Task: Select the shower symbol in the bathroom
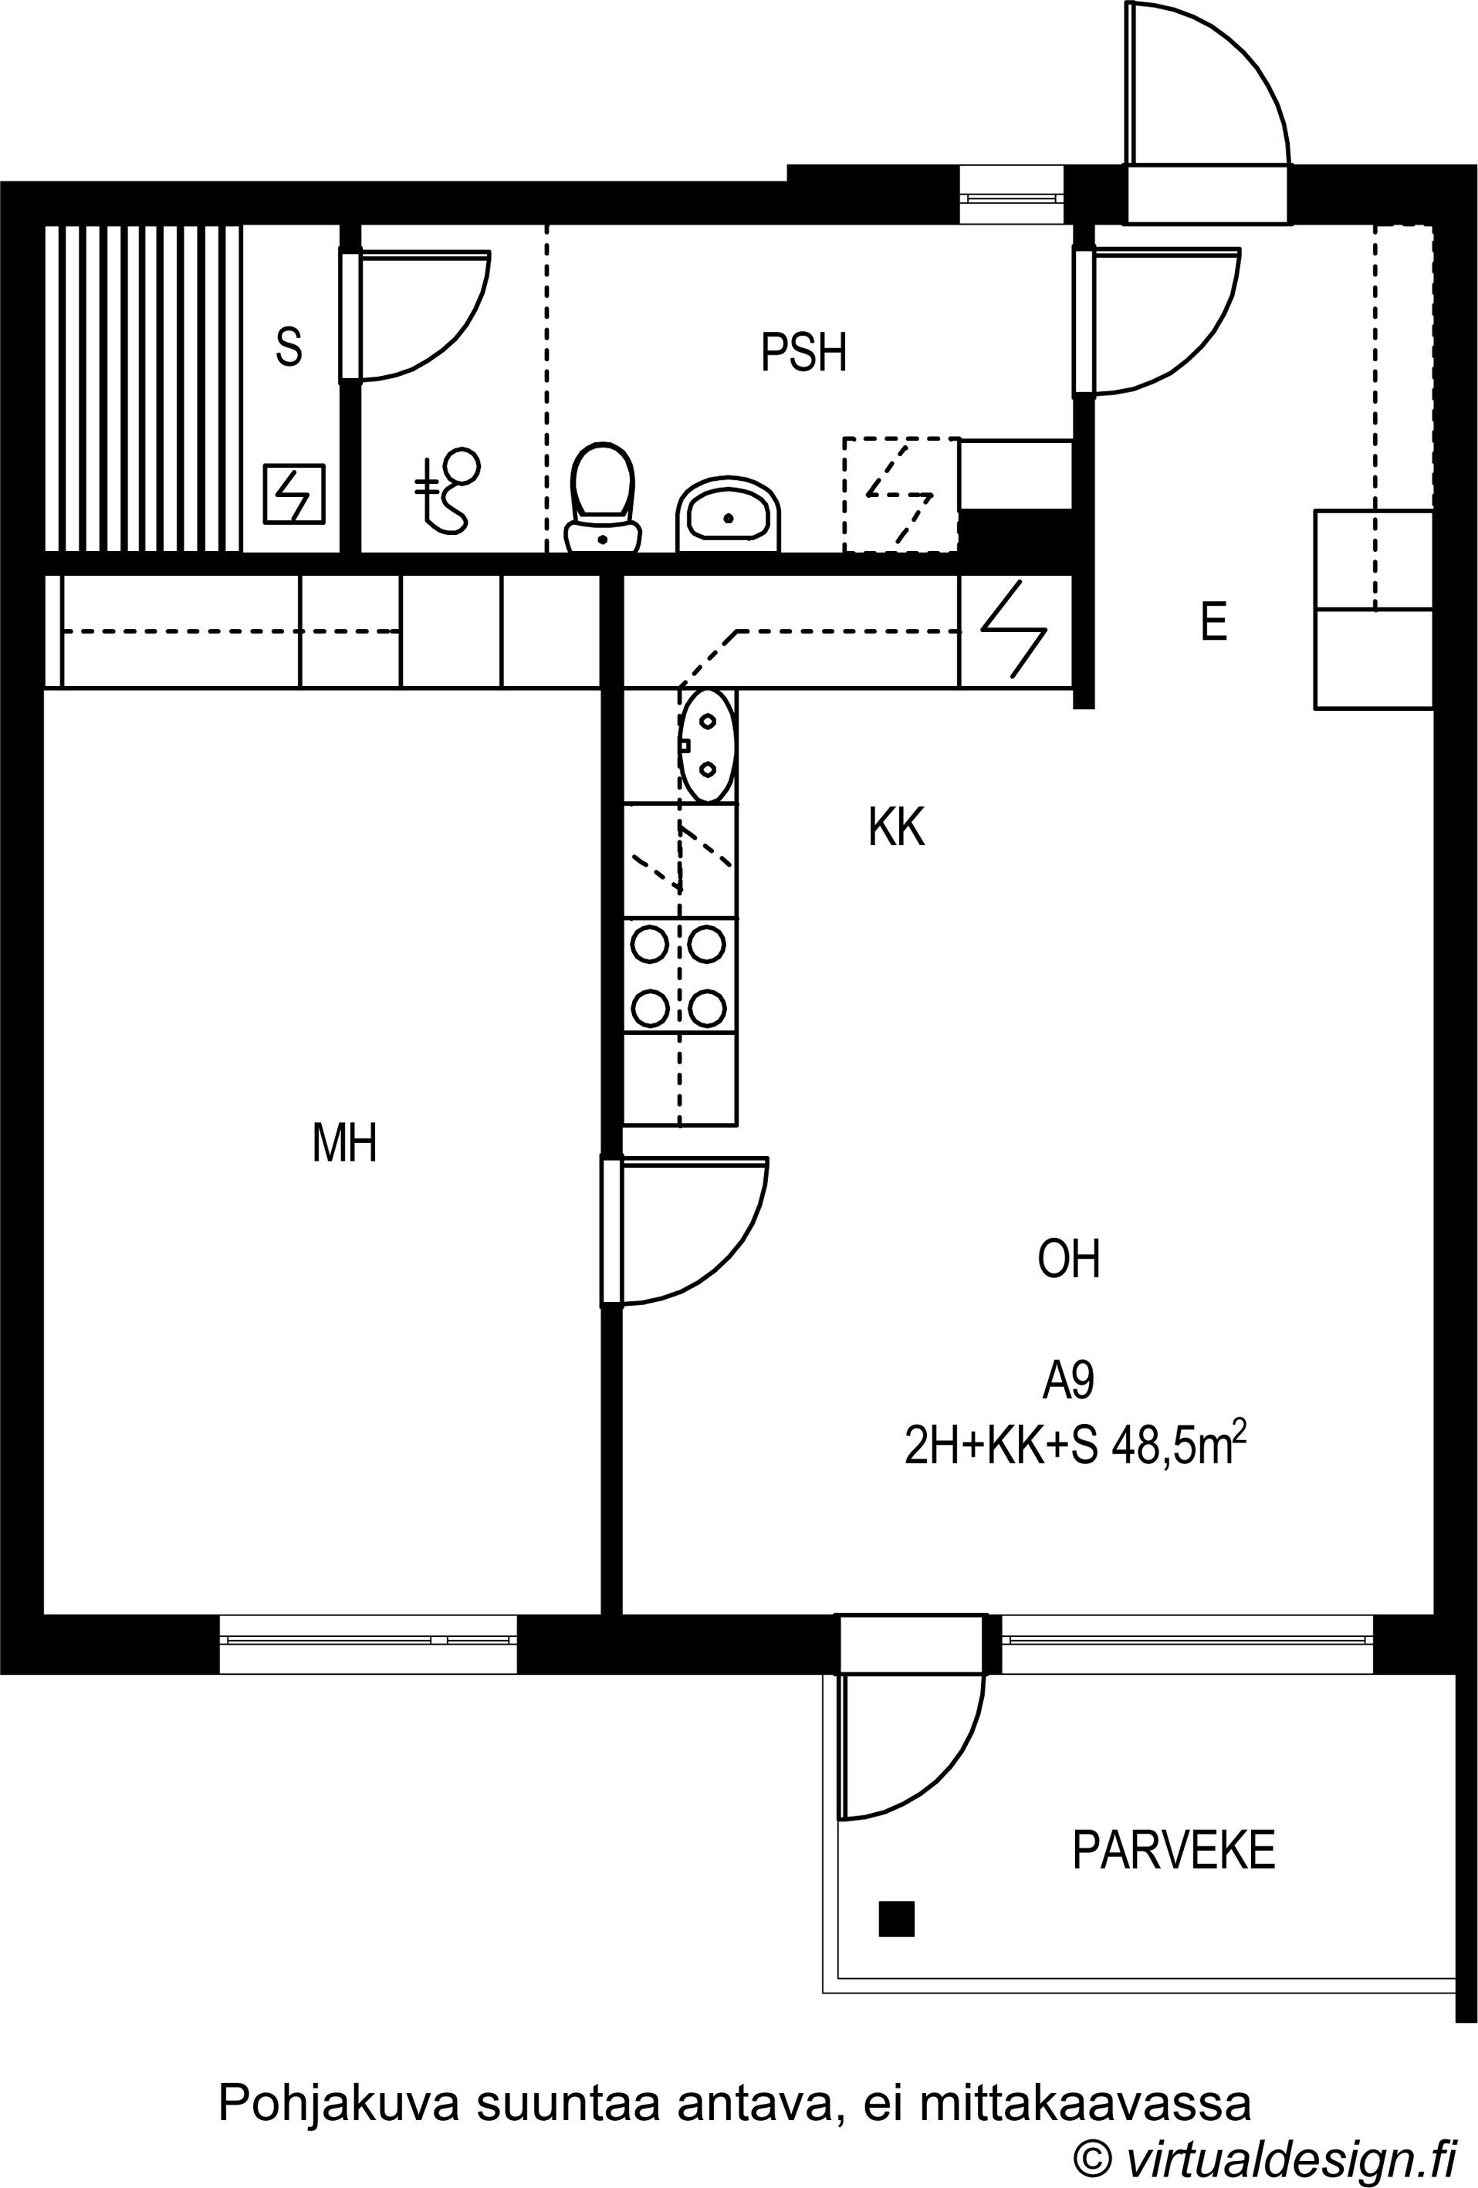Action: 446,489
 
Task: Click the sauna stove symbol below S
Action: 294,494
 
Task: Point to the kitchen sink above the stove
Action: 707,745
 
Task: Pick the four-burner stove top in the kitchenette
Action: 678,976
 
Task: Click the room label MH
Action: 344,1143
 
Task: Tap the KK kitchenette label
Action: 896,827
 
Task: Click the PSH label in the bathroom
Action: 803,352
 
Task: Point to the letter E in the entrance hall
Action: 1213,621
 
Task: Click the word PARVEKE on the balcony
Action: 1173,1850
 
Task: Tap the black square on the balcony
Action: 896,1919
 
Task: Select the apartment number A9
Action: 1067,1381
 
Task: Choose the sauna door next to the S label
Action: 415,316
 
